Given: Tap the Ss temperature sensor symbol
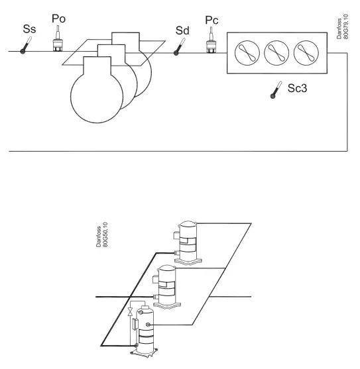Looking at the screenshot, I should (25, 48).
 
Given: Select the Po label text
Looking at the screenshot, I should (58, 18).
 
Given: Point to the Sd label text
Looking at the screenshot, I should (182, 30).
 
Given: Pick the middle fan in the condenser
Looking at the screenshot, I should (276, 53).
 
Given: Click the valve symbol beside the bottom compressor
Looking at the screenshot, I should (131, 311).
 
